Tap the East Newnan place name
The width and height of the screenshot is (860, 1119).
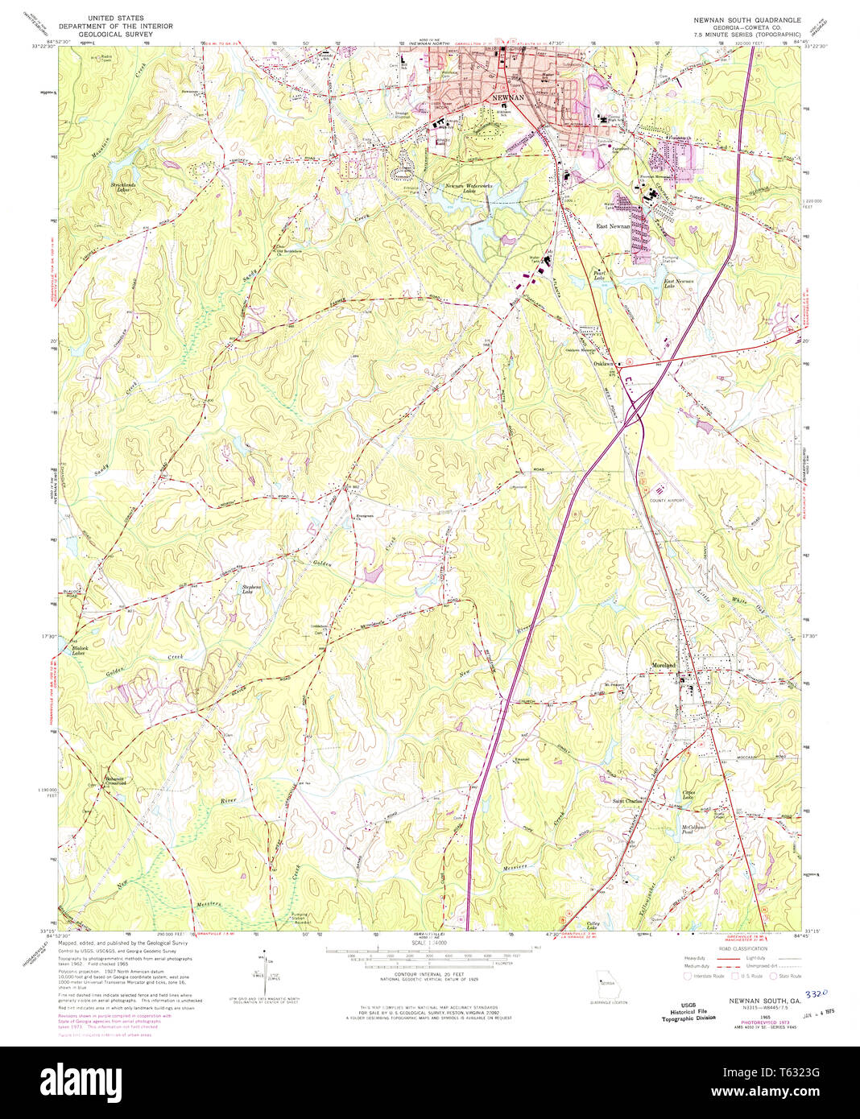click(x=613, y=227)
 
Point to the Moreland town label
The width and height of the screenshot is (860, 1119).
click(x=664, y=665)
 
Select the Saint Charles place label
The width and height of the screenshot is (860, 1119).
click(x=631, y=800)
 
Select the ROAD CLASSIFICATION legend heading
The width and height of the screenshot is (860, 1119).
click(x=742, y=949)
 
